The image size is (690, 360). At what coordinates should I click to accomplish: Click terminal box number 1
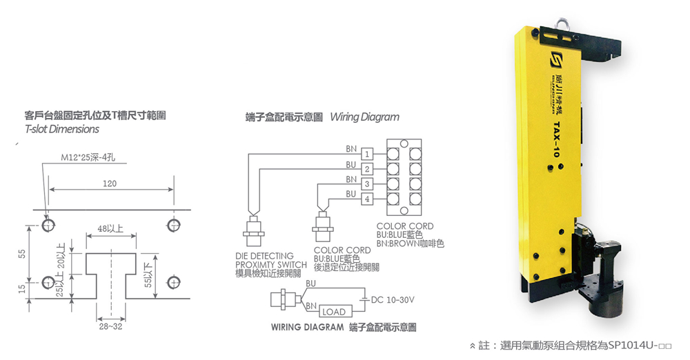[x=367, y=154]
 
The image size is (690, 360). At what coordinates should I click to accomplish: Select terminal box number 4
[x=367, y=199]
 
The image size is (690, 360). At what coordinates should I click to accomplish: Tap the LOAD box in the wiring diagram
[x=335, y=312]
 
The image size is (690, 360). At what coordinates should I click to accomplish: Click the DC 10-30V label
[x=393, y=300]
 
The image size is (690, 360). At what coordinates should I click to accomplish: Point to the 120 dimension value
[x=110, y=183]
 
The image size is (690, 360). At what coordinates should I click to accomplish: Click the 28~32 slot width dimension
[x=110, y=326]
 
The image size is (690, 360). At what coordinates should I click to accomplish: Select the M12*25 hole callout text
[x=88, y=157]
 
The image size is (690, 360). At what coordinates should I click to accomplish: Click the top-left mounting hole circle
[x=48, y=225]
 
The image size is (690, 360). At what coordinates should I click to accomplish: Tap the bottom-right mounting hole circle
[x=175, y=281]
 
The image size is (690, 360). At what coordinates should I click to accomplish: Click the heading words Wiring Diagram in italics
[x=365, y=117]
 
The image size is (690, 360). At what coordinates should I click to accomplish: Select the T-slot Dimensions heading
[x=62, y=129]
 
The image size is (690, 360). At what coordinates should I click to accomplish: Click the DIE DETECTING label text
[x=264, y=256]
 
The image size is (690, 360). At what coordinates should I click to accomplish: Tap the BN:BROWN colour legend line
[x=410, y=243]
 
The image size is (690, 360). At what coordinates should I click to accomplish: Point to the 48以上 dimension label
[x=110, y=228]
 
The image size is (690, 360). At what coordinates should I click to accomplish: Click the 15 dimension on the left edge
[x=22, y=289]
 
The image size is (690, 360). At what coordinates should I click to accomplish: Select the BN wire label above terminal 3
[x=351, y=179]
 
